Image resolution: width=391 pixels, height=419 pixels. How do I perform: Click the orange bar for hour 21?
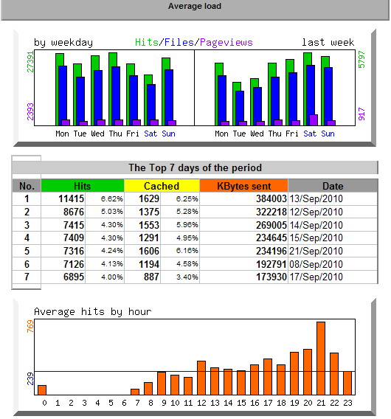coord(321,358)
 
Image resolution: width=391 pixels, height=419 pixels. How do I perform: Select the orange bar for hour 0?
coord(42,390)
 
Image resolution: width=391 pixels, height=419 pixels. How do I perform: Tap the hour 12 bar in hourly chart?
coord(201,378)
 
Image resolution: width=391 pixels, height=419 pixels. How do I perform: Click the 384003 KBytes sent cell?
coord(271,199)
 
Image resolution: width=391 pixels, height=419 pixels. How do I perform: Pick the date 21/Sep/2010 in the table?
coord(316,251)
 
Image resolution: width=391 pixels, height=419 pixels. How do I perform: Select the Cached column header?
coord(162,186)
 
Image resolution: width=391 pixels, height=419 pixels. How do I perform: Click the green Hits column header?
coord(83,186)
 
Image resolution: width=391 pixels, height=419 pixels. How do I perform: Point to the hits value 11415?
coord(71,199)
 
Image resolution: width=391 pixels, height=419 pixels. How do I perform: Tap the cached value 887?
coord(151,277)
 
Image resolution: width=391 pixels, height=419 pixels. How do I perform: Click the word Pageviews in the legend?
coord(226,42)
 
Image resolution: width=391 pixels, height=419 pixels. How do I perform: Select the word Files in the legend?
coord(179,42)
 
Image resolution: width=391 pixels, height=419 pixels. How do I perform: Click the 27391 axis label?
coord(30,62)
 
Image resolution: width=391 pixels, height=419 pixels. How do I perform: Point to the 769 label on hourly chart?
coord(30,326)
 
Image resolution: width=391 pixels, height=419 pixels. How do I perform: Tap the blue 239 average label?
coord(30,378)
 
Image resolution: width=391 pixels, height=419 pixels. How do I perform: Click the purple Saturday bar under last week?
coord(314,120)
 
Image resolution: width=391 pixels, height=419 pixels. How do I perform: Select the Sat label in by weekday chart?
coord(150,134)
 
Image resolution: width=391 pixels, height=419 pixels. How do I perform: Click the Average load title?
coord(195,6)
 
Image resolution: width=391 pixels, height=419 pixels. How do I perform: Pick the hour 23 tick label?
coord(347,403)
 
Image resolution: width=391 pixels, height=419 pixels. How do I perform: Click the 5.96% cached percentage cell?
coord(187,225)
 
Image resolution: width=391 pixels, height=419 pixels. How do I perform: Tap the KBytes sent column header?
coord(243,186)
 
